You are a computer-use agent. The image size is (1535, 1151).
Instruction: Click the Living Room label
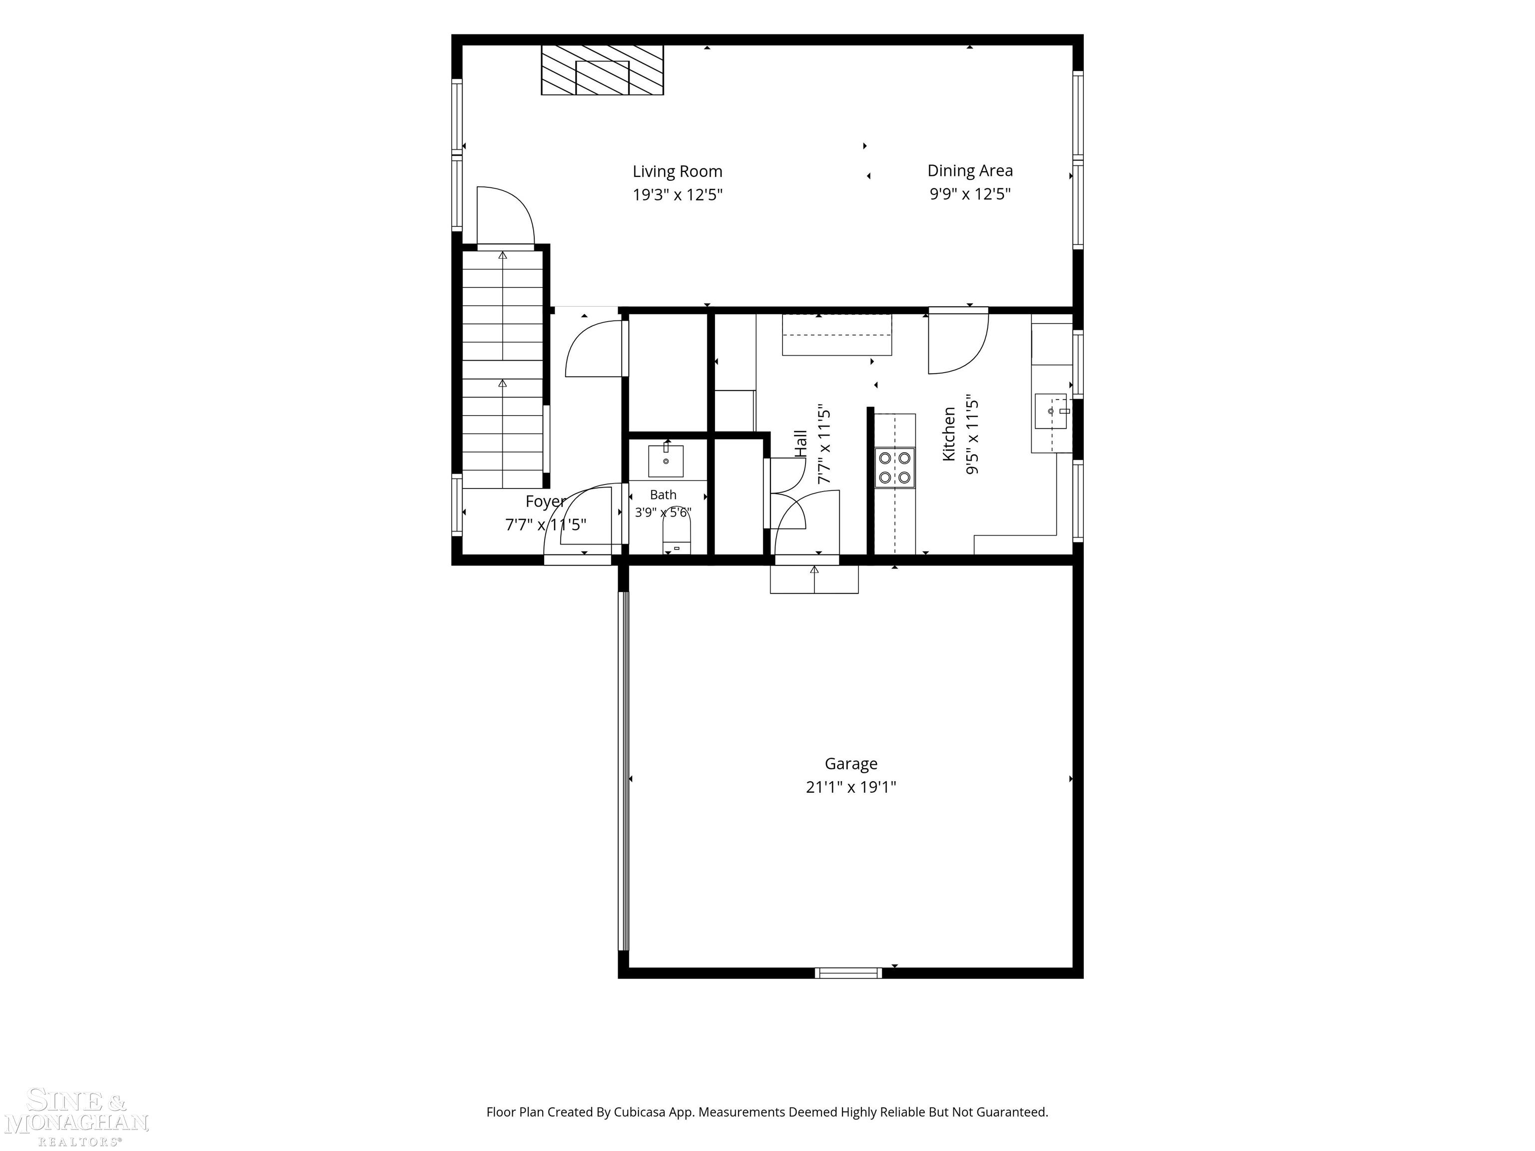click(x=677, y=171)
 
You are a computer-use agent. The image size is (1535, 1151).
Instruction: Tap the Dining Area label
click(x=970, y=171)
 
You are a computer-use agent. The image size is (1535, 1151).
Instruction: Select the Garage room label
click(x=851, y=764)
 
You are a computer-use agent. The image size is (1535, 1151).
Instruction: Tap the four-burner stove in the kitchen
click(x=894, y=468)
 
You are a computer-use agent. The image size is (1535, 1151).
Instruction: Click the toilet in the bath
click(x=677, y=537)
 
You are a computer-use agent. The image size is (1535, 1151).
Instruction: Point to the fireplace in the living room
click(x=602, y=70)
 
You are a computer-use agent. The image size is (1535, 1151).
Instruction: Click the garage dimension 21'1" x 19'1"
click(x=851, y=787)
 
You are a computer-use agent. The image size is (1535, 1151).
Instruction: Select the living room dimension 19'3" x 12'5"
click(x=677, y=195)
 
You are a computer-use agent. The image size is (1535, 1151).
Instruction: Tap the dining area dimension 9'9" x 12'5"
click(x=970, y=193)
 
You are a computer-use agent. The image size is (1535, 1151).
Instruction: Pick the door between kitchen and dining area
click(x=958, y=342)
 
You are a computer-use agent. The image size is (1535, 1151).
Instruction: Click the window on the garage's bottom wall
click(x=848, y=973)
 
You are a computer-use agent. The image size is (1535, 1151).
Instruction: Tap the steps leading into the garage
click(x=814, y=579)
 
